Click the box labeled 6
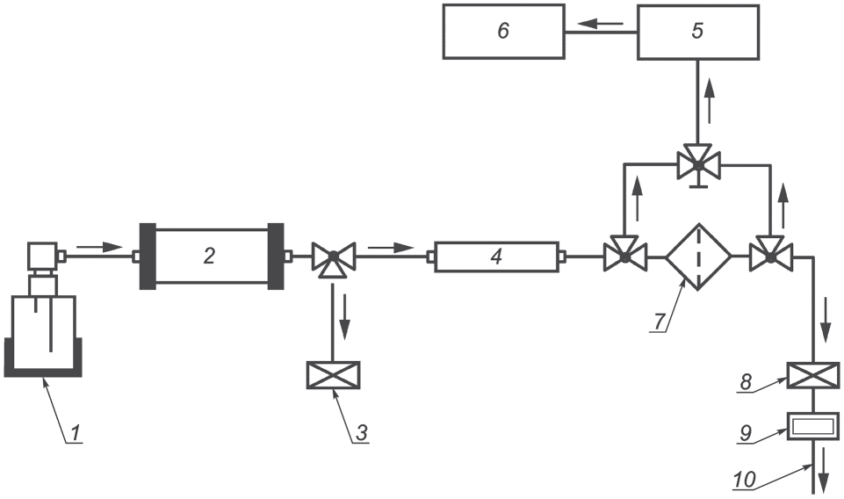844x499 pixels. point(504,32)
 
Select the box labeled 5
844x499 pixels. point(698,32)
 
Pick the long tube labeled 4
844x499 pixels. point(495,257)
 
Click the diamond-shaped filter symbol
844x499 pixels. point(698,257)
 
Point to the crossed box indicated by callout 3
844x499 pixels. point(333,374)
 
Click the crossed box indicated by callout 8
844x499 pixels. point(812,375)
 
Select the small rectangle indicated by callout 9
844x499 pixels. point(812,426)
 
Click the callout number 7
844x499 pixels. point(660,322)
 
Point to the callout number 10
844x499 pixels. point(744,479)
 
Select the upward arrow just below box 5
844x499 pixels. point(711,99)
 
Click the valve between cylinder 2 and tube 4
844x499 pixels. point(333,257)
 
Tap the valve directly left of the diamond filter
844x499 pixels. point(624,255)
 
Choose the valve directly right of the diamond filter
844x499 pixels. point(771,255)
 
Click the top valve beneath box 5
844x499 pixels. point(698,165)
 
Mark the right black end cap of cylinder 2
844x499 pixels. point(276,257)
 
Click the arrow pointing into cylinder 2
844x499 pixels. point(99,247)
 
